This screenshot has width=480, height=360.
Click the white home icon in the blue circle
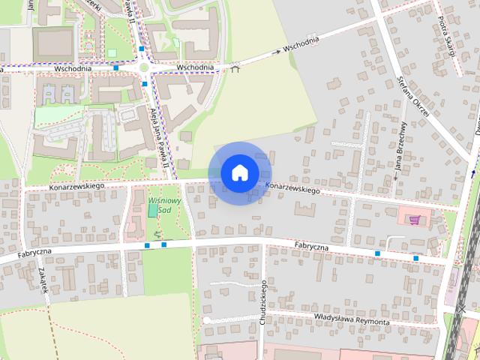pyautogui.click(x=239, y=172)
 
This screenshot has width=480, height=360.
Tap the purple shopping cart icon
pyautogui.click(x=415, y=220)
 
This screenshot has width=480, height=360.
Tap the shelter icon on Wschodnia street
pyautogui.click(x=235, y=69)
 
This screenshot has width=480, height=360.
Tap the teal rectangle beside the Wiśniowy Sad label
pyautogui.click(x=153, y=210)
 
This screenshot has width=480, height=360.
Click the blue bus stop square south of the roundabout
pyautogui.click(x=145, y=84)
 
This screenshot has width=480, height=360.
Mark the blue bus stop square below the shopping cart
pyautogui.click(x=416, y=258)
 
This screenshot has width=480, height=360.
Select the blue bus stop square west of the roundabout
pyautogui.click(x=116, y=68)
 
